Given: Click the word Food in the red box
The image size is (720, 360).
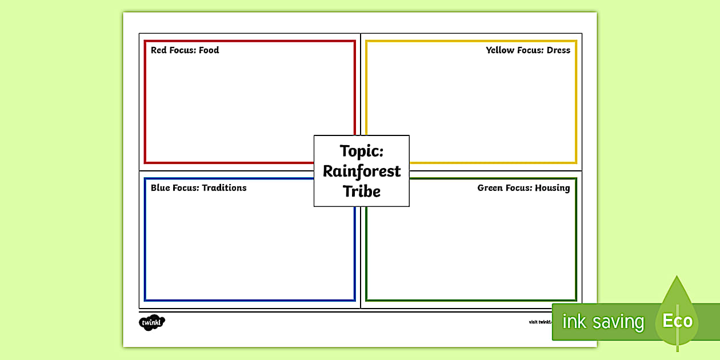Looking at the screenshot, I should [x=209, y=50].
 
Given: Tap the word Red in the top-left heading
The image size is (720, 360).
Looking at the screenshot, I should [x=159, y=50].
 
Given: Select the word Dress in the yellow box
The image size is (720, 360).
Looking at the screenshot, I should [x=558, y=50].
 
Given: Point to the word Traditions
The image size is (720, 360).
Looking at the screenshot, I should [x=224, y=188].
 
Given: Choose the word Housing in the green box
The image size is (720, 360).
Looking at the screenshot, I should [x=553, y=188].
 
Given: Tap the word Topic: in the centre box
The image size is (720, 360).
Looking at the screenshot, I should [x=362, y=151].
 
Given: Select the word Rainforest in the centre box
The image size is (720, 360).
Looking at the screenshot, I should [x=362, y=171].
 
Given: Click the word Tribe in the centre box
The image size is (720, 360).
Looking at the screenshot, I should [x=362, y=191].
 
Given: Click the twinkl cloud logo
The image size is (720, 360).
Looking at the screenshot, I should [x=151, y=322].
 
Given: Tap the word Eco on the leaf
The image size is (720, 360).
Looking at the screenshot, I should [x=677, y=321].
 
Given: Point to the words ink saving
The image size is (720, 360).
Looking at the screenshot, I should [x=603, y=322].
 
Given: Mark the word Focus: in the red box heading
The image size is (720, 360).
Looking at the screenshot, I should [x=182, y=50].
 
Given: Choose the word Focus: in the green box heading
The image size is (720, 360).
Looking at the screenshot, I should [x=519, y=188].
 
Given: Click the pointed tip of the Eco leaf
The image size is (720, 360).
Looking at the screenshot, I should [x=677, y=277].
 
